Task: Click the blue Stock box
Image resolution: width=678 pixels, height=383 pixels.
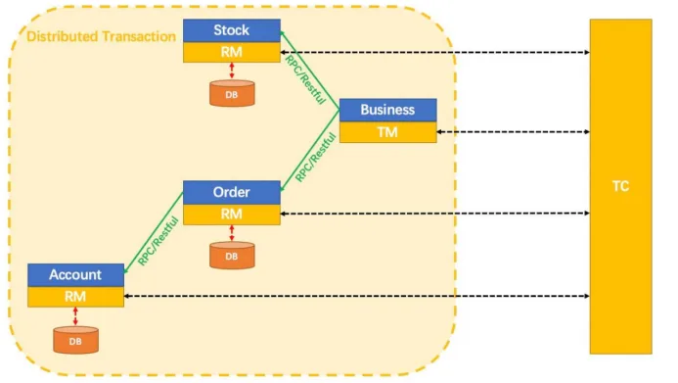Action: pos(232,30)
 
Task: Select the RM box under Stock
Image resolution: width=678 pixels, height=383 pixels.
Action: pos(232,52)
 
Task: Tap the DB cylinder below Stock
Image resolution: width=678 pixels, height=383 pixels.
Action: pos(232,93)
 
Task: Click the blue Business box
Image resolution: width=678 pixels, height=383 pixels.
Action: pos(387,110)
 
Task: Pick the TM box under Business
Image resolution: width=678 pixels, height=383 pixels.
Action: pos(387,132)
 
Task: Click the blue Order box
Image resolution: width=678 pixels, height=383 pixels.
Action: pos(232,193)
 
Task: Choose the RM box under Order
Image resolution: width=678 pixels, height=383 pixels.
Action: pos(232,215)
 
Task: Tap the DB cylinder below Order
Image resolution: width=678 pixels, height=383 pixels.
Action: pos(232,256)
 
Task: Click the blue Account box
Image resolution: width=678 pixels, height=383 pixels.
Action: pos(75,275)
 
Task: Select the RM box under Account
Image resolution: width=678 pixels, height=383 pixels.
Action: pos(75,297)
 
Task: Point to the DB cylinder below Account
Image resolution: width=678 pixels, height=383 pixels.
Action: pos(75,340)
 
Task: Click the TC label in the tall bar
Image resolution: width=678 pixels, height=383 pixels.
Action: pos(620,186)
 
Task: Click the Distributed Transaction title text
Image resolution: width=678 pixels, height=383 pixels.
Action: pos(101,36)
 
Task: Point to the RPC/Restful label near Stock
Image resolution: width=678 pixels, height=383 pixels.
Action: pos(305,79)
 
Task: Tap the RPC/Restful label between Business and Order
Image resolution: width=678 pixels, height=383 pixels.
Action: pos(316,158)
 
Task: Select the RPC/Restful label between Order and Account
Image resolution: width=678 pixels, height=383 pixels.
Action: pos(158,241)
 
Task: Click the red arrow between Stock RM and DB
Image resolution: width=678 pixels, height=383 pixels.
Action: pos(232,71)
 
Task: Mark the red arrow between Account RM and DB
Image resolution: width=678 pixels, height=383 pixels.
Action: pos(75,316)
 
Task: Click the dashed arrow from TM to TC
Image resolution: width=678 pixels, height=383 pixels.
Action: pos(514,131)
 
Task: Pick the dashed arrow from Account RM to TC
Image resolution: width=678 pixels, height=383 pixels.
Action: pos(357,296)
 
